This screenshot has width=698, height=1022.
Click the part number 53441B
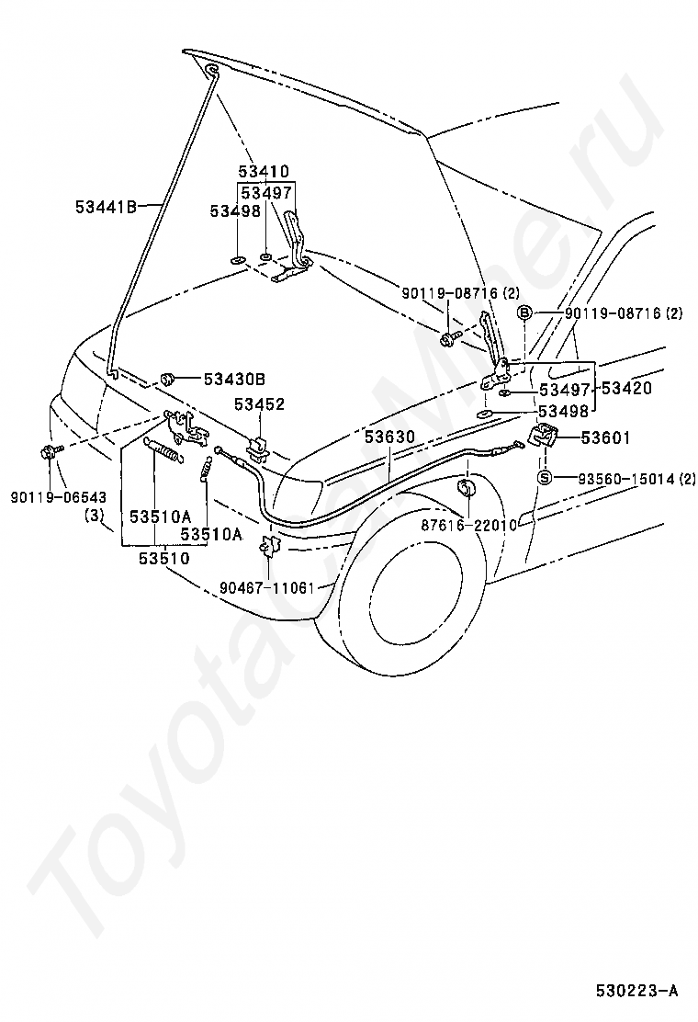pos(106,208)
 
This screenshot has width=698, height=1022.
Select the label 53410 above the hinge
pos(263,172)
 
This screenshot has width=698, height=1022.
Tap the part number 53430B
pos(234,379)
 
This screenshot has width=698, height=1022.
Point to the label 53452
pos(260,404)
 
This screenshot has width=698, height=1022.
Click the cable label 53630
pos(389,437)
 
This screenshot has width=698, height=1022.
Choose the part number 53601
pos(605,437)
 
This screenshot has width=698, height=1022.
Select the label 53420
pos(625,389)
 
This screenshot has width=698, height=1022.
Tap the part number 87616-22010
pos(468,525)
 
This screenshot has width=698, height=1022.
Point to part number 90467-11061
pos(267,588)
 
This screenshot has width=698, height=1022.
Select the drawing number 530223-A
pos(636,992)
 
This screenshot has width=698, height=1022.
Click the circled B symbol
pos(524,313)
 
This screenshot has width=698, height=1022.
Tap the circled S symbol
pos(545,479)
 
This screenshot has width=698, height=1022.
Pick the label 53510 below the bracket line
pos(164,558)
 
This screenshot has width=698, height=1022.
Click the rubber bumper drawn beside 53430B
pos(169,378)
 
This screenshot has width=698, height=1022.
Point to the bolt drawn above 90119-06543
pos(51,451)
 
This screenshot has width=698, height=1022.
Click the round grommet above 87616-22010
pos(467,490)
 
